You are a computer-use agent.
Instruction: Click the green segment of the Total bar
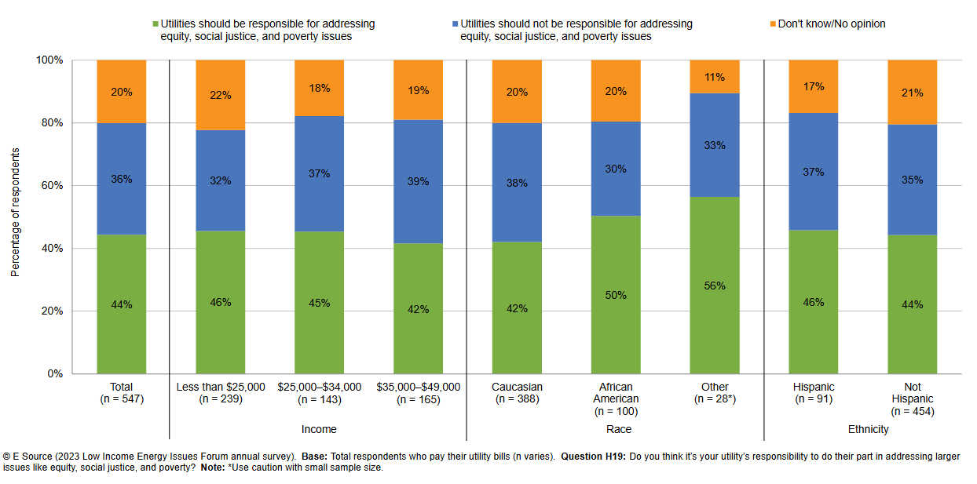tap(122, 329)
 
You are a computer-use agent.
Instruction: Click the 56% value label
tap(715, 286)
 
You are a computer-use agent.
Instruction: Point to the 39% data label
tap(418, 181)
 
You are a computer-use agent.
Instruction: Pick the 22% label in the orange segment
tap(220, 95)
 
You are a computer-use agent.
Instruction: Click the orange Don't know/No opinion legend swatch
tap(772, 24)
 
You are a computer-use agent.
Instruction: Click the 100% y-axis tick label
tap(48, 60)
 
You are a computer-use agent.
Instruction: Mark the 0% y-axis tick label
tap(54, 374)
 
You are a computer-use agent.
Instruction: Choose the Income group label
tap(319, 429)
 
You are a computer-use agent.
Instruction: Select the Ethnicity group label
tap(868, 429)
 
